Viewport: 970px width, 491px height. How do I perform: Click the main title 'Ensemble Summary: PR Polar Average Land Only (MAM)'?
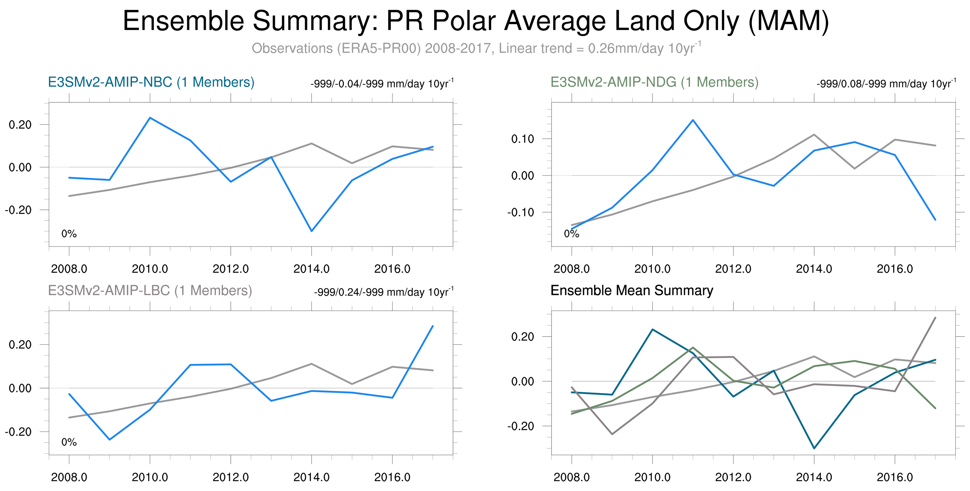point(476,21)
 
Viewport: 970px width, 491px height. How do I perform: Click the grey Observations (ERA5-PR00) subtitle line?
point(476,49)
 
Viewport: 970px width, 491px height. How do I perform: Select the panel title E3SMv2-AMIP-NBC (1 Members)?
point(151,82)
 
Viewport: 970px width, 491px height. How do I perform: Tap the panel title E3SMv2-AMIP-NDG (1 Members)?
point(654,82)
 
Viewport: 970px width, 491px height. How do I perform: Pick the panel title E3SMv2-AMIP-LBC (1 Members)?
point(150,290)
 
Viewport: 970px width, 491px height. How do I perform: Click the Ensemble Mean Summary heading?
point(631,290)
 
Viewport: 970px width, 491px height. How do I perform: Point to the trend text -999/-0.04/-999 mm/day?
point(382,84)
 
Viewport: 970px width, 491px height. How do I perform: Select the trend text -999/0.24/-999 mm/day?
point(383,292)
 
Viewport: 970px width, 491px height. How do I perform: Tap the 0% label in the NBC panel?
point(69,234)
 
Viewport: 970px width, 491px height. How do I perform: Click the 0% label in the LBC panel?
point(69,442)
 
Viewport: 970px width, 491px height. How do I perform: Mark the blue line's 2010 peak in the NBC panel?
point(150,118)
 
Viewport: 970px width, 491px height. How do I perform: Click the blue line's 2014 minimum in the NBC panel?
point(312,231)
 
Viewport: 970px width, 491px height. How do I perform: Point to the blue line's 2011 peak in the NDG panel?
point(693,120)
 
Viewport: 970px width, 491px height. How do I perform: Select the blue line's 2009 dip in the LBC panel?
point(110,440)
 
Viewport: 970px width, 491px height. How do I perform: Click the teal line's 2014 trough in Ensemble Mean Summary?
point(814,448)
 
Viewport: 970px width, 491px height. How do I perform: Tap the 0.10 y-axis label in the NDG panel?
point(522,139)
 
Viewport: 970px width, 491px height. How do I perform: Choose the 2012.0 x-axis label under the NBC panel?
point(231,269)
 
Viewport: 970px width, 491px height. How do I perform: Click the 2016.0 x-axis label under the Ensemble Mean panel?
point(895,477)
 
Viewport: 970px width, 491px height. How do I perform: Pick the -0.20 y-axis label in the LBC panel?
point(18,432)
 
